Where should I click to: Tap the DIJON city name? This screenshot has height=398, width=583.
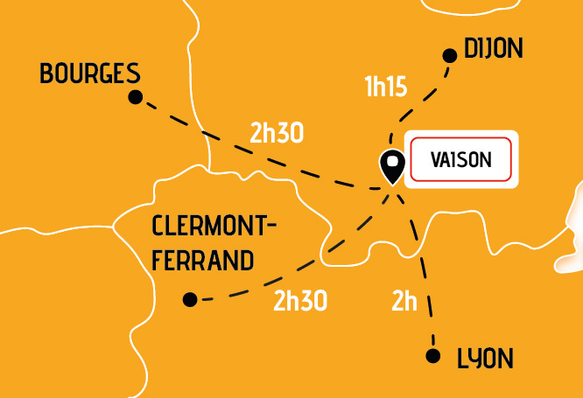pyautogui.click(x=493, y=50)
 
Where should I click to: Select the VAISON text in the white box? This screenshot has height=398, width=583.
pyautogui.click(x=461, y=160)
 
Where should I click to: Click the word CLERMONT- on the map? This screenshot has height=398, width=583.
pyautogui.click(x=214, y=227)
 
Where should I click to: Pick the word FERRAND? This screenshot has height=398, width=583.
pyautogui.click(x=202, y=261)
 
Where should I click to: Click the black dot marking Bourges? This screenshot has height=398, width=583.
pyautogui.click(x=135, y=97)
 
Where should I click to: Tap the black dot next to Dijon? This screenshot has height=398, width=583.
pyautogui.click(x=450, y=56)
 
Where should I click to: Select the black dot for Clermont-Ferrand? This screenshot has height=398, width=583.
pyautogui.click(x=190, y=299)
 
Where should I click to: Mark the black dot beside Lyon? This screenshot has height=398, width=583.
pyautogui.click(x=432, y=355)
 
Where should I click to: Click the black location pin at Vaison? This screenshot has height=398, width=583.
pyautogui.click(x=391, y=164)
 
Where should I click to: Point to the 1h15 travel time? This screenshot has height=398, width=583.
pyautogui.click(x=385, y=87)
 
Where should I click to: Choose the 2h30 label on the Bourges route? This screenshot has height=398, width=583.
pyautogui.click(x=277, y=133)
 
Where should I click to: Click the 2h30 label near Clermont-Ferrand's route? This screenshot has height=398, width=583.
pyautogui.click(x=300, y=301)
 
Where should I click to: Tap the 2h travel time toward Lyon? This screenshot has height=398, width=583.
pyautogui.click(x=404, y=302)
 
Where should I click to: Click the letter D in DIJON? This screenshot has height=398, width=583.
pyautogui.click(x=470, y=50)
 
